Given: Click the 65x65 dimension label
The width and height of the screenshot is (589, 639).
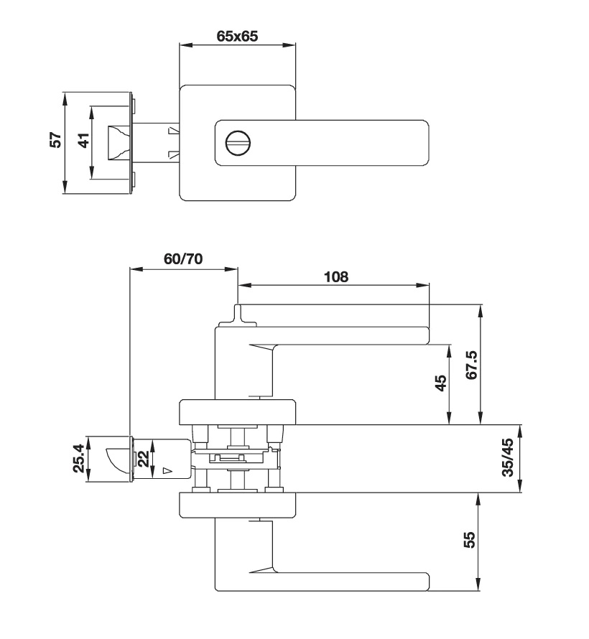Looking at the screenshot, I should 237,37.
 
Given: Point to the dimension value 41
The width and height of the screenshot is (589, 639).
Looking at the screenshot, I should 84,142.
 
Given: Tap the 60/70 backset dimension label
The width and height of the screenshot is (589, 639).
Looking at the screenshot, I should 183,259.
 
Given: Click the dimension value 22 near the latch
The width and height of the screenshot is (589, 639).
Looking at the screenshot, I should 144,457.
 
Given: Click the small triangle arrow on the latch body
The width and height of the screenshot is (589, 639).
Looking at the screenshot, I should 167,471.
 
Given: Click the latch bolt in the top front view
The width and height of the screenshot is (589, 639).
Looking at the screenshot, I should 118,142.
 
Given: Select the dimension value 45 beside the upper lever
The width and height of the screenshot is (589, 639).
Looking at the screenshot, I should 442,382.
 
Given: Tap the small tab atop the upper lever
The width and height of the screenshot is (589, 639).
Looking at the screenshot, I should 238,313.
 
